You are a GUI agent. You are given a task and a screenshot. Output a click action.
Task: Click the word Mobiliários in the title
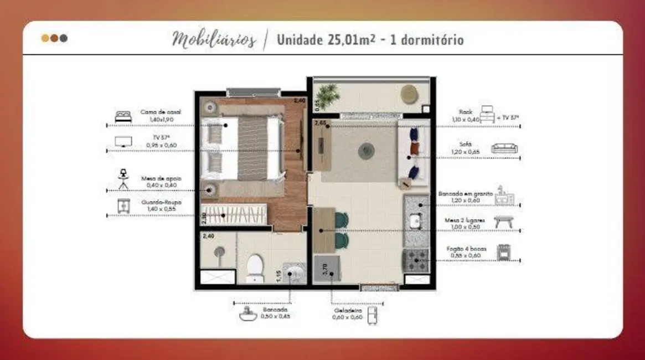pos(214,40)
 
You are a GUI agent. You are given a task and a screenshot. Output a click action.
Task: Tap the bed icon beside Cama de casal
pos(123,116)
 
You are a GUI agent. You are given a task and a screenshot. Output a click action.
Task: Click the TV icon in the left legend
pos(123,142)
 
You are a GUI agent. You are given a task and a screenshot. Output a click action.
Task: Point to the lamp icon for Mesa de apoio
pos(123,178)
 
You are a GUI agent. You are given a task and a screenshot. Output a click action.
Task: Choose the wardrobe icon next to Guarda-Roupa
pos(123,205)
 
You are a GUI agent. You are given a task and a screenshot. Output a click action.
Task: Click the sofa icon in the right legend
pos(504,148)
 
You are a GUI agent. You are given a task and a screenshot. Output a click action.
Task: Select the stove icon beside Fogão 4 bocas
pos(503,253)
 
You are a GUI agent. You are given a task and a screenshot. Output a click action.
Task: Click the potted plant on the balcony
pos(331,94)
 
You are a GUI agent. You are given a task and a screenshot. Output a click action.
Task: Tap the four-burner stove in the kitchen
pos(416,259)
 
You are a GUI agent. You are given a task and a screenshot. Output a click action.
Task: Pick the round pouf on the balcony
pos(410,93)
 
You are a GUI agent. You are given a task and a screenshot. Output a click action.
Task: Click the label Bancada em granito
pos(465,194)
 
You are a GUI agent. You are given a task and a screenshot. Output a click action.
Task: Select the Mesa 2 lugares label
pos(465,220)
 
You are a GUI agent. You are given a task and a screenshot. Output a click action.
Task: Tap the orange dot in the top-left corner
pos(45,38)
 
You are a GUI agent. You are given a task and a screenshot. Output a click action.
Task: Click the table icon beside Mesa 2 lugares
pos(503,222)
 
